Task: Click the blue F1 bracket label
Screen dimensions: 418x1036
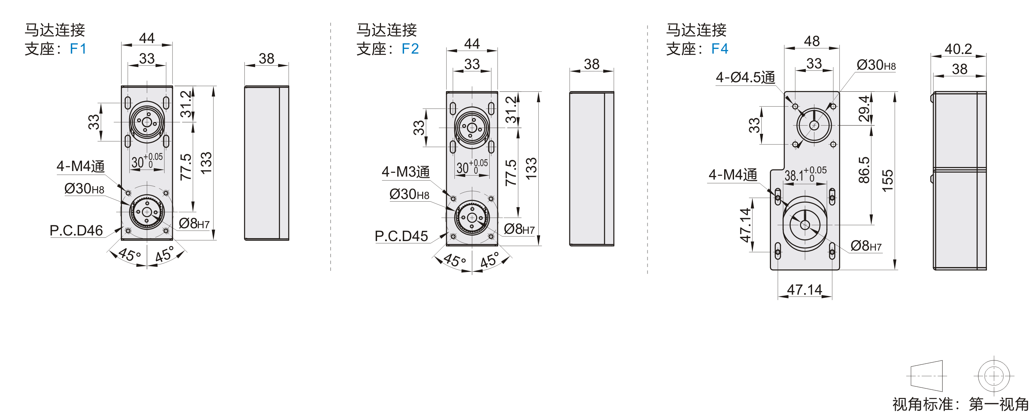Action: [78, 49]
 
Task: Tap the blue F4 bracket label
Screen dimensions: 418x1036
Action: [720, 49]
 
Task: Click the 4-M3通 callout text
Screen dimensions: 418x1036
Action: [405, 172]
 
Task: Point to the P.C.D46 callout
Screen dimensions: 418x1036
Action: [76, 231]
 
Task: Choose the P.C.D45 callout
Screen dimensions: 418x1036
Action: [401, 236]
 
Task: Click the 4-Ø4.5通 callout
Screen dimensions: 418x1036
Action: [745, 77]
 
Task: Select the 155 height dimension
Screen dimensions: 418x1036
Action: [887, 181]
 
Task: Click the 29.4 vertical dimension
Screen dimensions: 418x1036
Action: [864, 109]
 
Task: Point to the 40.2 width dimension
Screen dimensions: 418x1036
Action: [958, 49]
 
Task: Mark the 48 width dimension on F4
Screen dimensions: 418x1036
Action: [812, 41]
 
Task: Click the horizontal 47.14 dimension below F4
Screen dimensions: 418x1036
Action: [804, 289]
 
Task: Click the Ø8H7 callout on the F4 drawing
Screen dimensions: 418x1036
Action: [866, 246]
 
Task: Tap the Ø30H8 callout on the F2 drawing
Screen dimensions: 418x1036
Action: [409, 194]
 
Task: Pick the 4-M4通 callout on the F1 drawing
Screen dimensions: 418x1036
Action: [80, 166]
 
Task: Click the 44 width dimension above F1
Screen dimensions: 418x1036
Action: [147, 38]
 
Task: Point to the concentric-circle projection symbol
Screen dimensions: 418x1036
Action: [994, 376]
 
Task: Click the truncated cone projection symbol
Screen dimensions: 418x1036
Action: [926, 376]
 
